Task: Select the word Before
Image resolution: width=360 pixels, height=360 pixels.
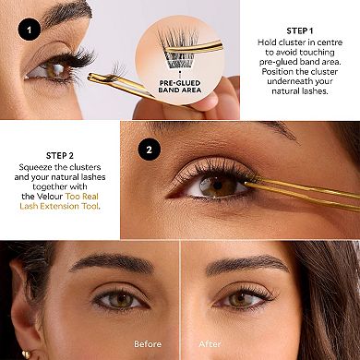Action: click(x=147, y=344)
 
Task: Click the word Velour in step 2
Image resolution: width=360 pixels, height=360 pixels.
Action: click(x=54, y=196)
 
